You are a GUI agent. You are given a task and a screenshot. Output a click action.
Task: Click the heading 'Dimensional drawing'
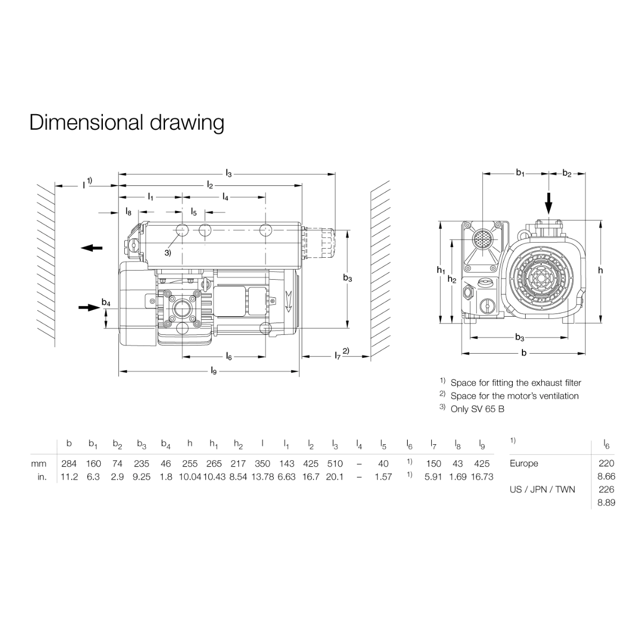click(126, 123)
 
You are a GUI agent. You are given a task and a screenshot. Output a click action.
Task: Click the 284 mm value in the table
click(69, 463)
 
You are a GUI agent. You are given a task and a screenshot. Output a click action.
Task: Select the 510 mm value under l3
click(334, 463)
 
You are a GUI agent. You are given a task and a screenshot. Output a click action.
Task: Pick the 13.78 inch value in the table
click(262, 476)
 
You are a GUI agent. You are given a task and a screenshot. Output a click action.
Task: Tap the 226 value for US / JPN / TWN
click(606, 489)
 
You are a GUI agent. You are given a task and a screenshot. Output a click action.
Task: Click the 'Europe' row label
click(524, 463)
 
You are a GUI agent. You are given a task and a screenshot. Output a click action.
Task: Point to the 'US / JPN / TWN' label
click(542, 489)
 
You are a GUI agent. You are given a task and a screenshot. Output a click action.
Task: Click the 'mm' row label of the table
click(39, 463)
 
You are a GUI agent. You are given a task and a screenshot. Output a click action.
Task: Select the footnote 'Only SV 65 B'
click(477, 409)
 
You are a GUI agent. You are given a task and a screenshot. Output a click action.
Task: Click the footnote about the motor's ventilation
click(514, 396)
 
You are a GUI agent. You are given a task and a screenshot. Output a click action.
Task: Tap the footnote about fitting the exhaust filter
click(515, 383)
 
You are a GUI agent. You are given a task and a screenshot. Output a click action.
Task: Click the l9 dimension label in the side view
click(213, 371)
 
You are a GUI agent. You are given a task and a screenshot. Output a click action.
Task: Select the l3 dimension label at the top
click(229, 174)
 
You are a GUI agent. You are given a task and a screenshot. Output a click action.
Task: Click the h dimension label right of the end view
click(600, 271)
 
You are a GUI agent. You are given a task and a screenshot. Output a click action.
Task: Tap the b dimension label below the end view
click(524, 353)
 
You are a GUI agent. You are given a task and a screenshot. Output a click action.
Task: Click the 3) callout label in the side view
click(168, 252)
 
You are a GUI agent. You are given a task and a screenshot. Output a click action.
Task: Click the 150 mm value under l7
click(433, 463)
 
